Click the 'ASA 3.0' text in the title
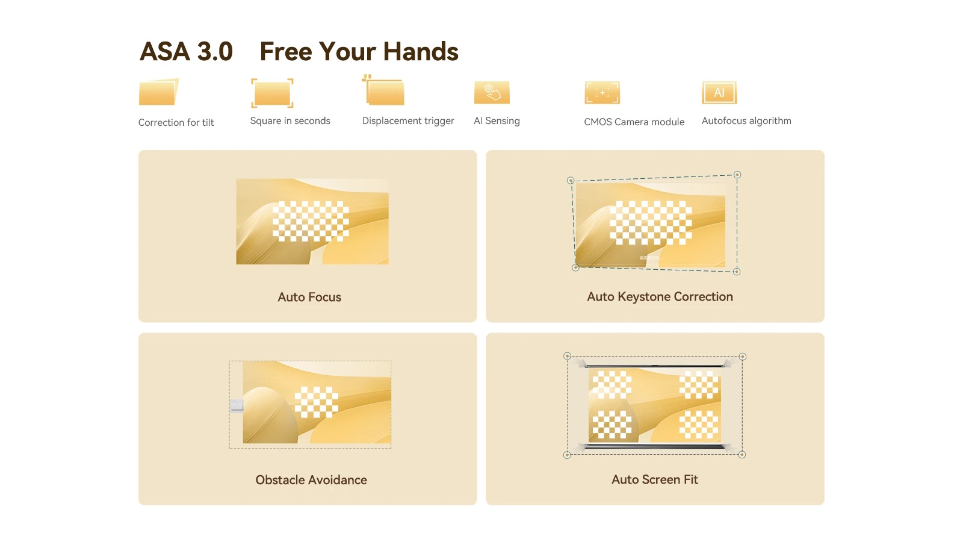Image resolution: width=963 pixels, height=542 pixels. (x=186, y=51)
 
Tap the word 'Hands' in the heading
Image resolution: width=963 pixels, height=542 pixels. (x=421, y=51)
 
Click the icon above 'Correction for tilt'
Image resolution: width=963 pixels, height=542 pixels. (x=159, y=92)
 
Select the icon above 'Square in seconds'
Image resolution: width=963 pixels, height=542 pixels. (x=272, y=93)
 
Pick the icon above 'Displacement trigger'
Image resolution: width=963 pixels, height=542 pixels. (x=383, y=90)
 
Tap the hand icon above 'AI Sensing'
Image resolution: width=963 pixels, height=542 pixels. (x=492, y=93)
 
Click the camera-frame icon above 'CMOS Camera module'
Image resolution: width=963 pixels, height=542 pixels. (x=602, y=93)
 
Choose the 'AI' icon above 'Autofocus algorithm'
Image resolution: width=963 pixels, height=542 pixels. (x=719, y=93)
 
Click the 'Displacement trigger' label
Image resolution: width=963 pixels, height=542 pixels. (x=408, y=121)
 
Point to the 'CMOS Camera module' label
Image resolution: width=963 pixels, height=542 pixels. (x=634, y=122)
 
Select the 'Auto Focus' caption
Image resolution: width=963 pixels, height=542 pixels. (x=309, y=297)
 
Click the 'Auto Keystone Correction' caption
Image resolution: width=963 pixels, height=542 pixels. (x=660, y=296)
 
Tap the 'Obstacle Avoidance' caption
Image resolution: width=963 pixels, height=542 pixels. (x=311, y=479)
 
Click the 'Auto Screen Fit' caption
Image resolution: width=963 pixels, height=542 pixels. (x=654, y=479)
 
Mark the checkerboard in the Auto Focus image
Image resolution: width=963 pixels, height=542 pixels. (x=311, y=221)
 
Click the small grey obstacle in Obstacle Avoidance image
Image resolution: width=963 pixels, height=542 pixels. (x=237, y=405)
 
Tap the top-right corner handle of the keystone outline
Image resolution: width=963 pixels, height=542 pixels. (x=737, y=175)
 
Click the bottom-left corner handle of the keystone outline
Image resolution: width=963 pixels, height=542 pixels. (x=575, y=267)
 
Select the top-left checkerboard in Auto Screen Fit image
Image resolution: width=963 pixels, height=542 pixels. (x=612, y=384)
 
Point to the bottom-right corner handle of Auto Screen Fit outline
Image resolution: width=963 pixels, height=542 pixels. (x=742, y=454)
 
